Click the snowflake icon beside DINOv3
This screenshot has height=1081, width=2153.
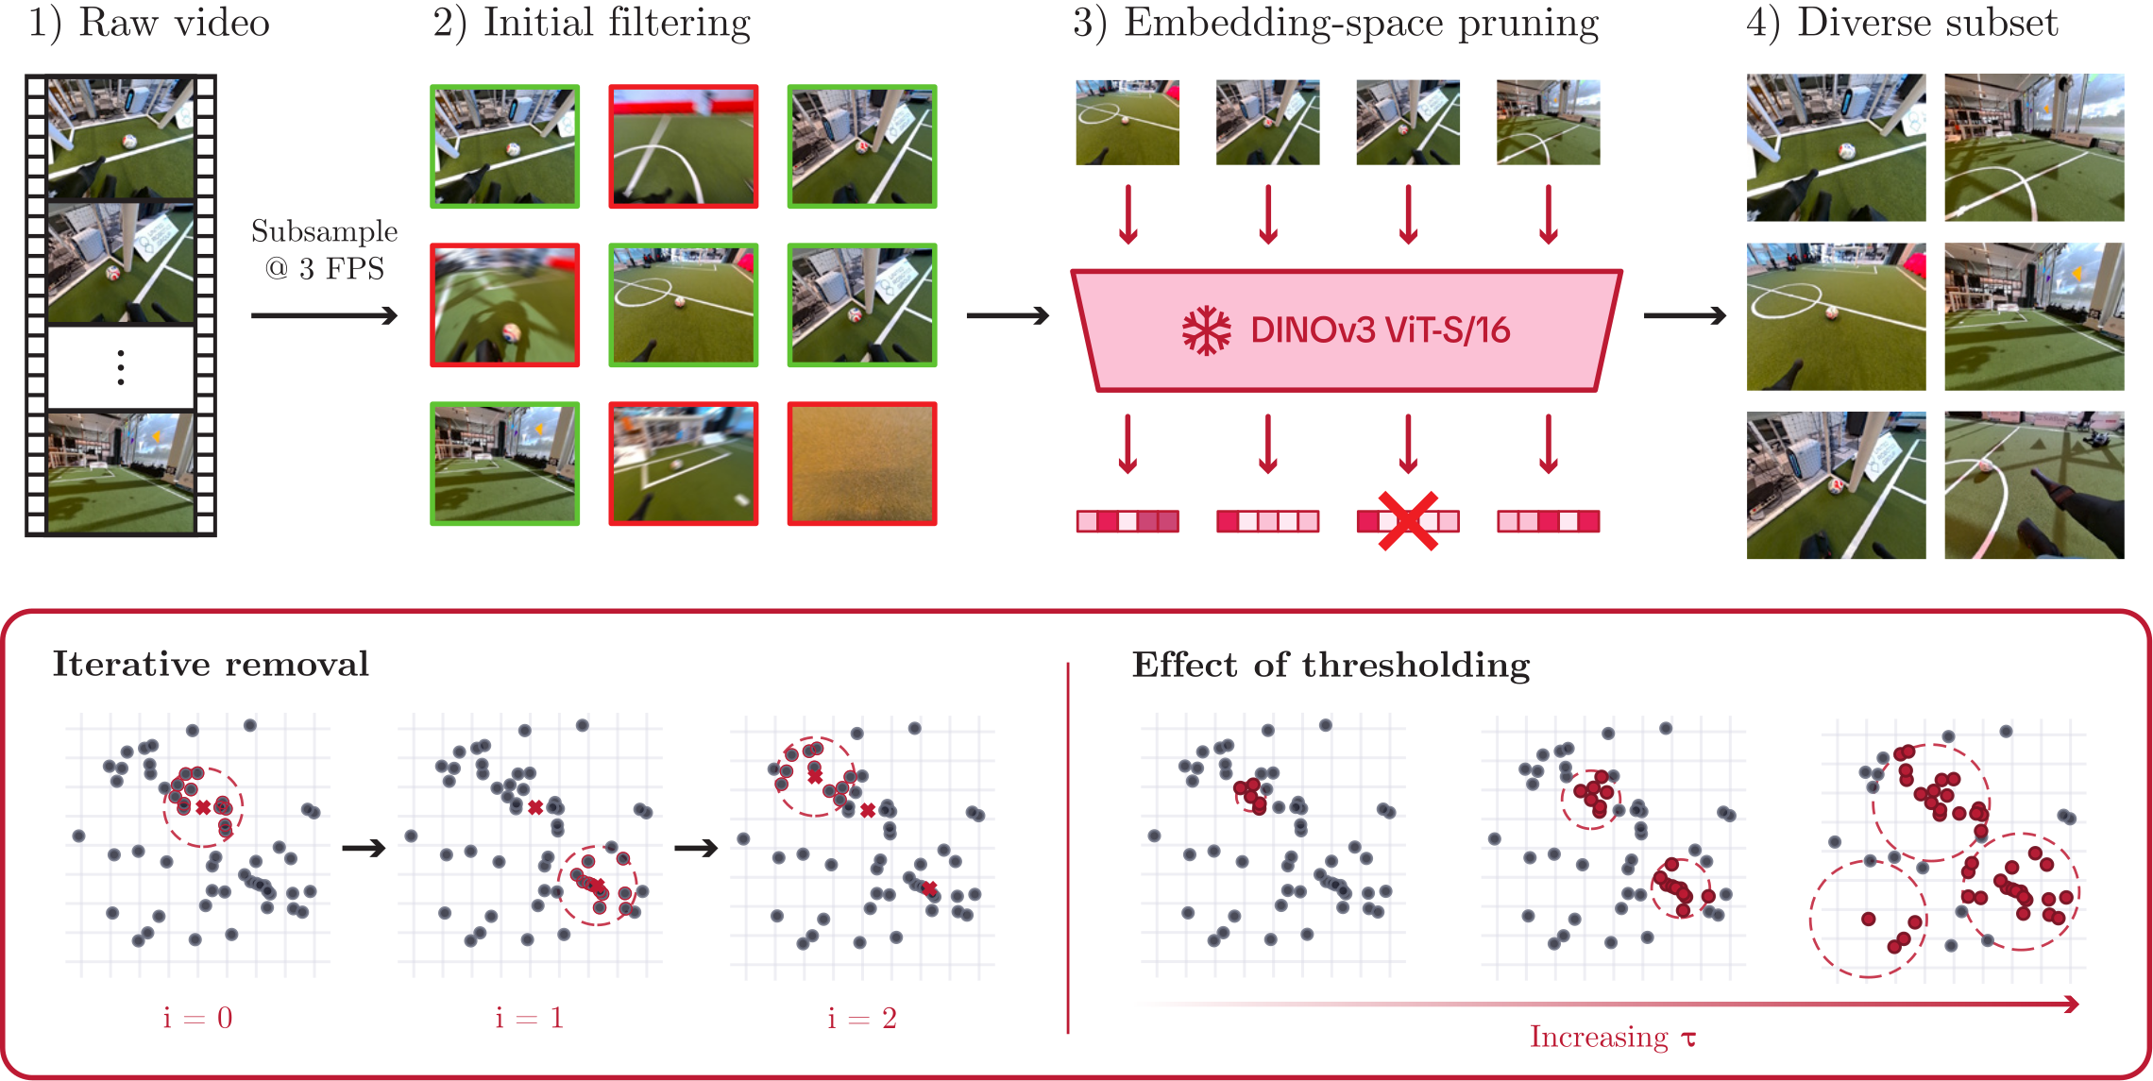[1206, 330]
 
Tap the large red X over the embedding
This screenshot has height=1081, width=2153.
[1408, 520]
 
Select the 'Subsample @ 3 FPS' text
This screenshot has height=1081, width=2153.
[324, 250]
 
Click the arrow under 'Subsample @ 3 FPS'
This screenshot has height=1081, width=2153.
[324, 315]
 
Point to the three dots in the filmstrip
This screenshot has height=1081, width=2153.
[121, 367]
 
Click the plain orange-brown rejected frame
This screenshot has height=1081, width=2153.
[862, 464]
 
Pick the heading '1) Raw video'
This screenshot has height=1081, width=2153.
[149, 23]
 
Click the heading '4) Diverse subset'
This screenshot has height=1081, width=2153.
[1901, 23]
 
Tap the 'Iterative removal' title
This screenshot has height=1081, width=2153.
[211, 664]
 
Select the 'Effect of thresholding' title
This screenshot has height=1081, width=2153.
[1331, 665]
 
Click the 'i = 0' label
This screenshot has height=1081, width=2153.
[197, 1018]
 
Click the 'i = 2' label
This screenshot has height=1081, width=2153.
[861, 1018]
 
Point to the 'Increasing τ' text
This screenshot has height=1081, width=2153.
[1613, 1037]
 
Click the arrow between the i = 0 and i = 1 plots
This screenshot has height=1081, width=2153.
[364, 848]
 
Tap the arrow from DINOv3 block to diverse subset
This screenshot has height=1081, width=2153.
[1685, 315]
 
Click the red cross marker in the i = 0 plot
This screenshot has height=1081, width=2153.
[203, 807]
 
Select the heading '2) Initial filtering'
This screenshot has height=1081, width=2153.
[592, 23]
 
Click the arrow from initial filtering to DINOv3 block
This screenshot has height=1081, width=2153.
[1008, 315]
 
